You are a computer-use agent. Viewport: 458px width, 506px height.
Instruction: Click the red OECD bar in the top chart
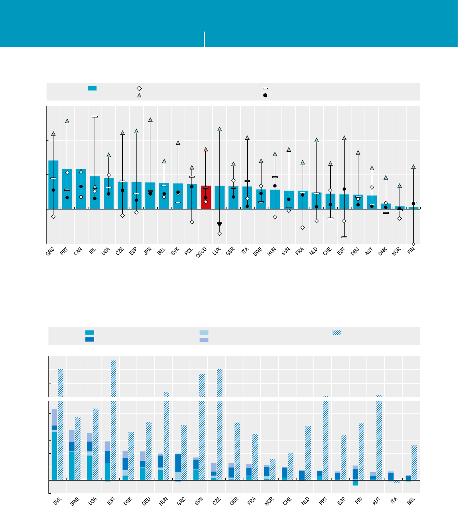click(x=206, y=198)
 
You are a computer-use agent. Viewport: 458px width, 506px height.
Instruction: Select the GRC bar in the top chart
click(x=53, y=185)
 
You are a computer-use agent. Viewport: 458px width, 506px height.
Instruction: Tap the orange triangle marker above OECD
click(x=206, y=149)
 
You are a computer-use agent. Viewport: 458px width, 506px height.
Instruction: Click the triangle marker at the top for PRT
click(x=67, y=121)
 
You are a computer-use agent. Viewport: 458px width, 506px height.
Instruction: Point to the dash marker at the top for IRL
click(x=95, y=116)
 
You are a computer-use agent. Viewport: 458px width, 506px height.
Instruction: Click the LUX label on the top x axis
click(x=217, y=251)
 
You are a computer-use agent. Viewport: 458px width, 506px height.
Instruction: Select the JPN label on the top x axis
click(x=148, y=251)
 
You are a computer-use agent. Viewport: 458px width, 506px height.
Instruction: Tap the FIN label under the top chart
click(x=411, y=251)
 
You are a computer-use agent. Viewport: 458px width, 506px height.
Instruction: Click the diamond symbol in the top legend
click(x=140, y=89)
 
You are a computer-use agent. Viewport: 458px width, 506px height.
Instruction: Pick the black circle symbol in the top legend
click(x=265, y=95)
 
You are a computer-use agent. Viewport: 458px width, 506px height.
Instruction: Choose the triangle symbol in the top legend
click(x=140, y=95)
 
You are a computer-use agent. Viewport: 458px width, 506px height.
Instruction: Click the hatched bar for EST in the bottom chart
click(x=113, y=420)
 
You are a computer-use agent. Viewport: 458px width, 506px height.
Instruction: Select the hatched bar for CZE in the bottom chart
click(x=220, y=424)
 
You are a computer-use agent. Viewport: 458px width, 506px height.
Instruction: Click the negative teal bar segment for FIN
click(x=355, y=483)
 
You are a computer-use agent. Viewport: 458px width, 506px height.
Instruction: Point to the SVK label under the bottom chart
click(x=58, y=501)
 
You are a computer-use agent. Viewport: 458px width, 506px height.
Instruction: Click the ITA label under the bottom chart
click(x=393, y=501)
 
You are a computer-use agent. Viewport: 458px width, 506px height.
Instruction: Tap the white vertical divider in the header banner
click(x=205, y=39)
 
